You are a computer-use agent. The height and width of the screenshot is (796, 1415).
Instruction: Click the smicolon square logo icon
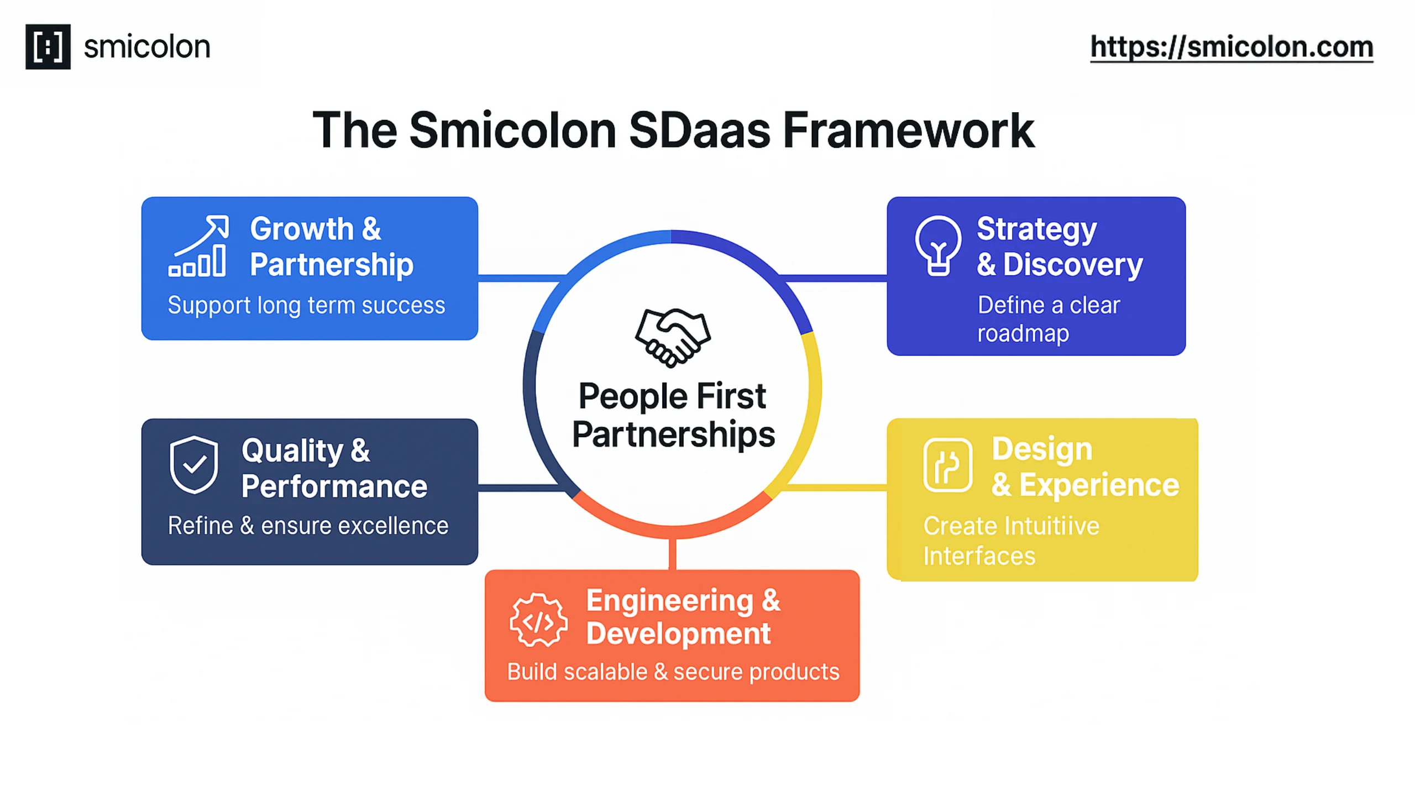click(x=48, y=46)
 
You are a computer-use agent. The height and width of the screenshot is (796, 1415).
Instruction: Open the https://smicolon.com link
click(x=1231, y=46)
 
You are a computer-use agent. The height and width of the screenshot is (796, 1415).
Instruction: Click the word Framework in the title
click(x=908, y=130)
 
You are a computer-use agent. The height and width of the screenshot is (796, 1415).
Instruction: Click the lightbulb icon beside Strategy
click(x=937, y=245)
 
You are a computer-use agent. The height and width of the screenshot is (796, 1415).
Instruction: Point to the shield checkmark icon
click(x=193, y=464)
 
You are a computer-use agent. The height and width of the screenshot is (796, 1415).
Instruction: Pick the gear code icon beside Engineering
click(x=538, y=620)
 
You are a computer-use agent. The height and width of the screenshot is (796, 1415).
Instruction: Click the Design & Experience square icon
click(x=947, y=465)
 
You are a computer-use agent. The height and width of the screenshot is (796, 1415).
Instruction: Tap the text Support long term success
click(x=306, y=305)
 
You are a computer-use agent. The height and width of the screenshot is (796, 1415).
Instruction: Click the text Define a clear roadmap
click(x=1048, y=319)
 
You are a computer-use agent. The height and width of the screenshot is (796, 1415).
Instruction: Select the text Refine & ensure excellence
click(x=308, y=526)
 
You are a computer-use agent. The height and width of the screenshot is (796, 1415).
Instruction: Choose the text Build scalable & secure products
click(x=673, y=672)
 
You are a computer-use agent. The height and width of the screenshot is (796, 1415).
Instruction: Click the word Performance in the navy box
click(x=334, y=486)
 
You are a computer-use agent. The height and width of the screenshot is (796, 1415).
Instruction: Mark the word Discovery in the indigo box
click(x=1072, y=264)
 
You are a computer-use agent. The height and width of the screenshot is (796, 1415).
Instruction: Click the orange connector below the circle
click(x=672, y=554)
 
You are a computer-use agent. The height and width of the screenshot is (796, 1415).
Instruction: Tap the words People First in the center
click(x=672, y=396)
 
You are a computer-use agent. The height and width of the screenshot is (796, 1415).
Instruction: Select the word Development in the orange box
click(x=678, y=633)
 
